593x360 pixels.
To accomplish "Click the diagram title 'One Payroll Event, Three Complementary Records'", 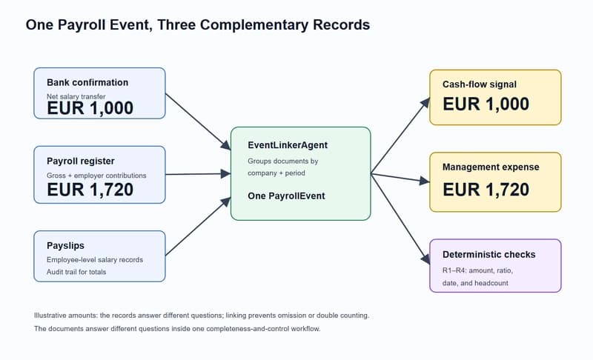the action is click(198, 25).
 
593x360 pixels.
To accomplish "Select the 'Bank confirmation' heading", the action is click(87, 82).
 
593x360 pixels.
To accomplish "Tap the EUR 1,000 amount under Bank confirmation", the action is click(90, 108).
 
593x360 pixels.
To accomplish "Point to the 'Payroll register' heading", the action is click(81, 161).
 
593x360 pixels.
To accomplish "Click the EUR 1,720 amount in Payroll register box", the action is click(90, 190).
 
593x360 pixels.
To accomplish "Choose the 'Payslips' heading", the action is click(65, 245).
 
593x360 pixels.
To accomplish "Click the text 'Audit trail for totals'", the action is click(76, 272).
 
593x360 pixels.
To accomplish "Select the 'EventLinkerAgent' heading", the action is click(288, 145).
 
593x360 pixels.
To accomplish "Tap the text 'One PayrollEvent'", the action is click(286, 196).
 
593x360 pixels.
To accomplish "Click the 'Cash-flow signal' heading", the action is click(479, 84).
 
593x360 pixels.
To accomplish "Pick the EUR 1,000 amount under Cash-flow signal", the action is click(486, 104).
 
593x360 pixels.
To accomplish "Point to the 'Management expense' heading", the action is click(491, 167).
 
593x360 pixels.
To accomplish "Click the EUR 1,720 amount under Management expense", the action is click(486, 190).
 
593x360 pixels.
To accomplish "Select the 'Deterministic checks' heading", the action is click(489, 255).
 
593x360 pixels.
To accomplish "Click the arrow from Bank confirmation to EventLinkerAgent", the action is click(198, 121).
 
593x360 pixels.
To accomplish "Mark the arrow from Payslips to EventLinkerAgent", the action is click(198, 226).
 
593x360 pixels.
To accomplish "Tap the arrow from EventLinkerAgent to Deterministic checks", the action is click(400, 219).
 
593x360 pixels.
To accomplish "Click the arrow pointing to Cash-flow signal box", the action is click(400, 136).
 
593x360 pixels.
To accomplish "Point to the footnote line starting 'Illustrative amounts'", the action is click(202, 316).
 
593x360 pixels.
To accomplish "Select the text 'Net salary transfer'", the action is click(76, 96).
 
